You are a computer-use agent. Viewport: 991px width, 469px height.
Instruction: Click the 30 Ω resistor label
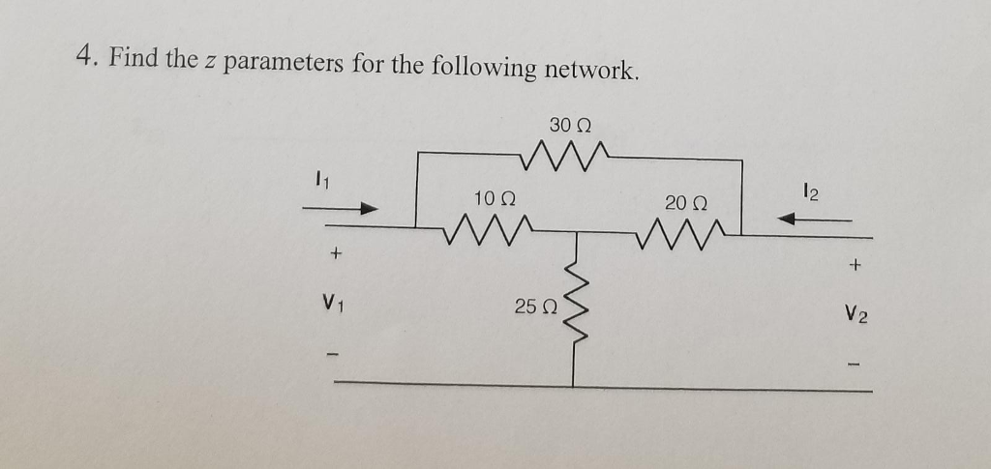[570, 126]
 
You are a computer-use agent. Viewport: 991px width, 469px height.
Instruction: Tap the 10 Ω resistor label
[495, 198]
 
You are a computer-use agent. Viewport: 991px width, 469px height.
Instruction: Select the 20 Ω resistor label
[686, 202]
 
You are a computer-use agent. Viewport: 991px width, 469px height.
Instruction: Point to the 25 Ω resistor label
[534, 307]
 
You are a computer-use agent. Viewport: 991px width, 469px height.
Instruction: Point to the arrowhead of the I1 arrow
[368, 208]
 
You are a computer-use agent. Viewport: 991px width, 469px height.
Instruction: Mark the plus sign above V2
[856, 262]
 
